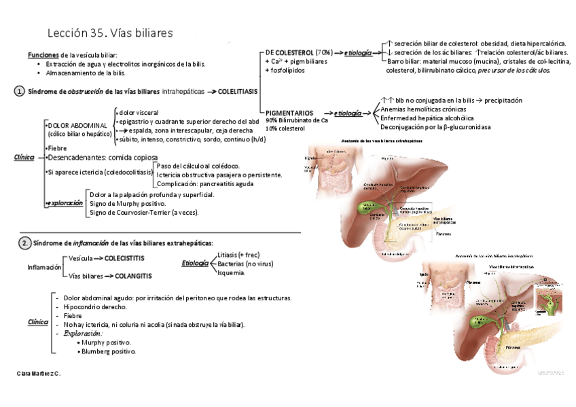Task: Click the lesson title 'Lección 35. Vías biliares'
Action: [110, 33]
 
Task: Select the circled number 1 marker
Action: [20, 91]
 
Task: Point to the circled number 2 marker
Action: [24, 243]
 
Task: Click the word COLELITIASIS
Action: [238, 91]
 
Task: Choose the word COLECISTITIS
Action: [133, 259]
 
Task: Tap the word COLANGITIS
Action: [132, 276]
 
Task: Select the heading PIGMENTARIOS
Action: [290, 112]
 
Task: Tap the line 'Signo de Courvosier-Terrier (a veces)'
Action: [144, 213]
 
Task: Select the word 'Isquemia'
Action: [231, 272]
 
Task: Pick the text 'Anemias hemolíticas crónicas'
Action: [423, 109]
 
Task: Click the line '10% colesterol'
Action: [286, 128]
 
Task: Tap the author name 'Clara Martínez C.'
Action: [38, 373]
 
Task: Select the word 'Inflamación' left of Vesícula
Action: [44, 268]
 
